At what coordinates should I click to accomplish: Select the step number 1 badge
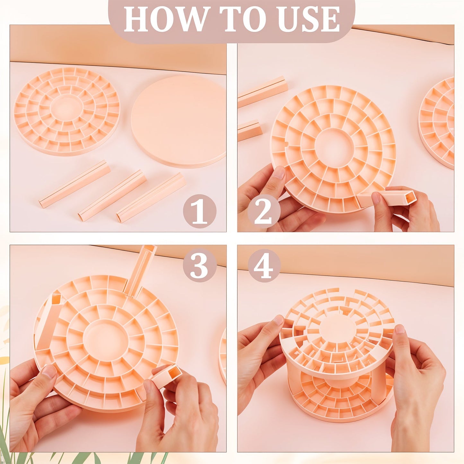[x=199, y=212]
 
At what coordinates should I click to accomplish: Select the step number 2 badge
[x=264, y=212]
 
